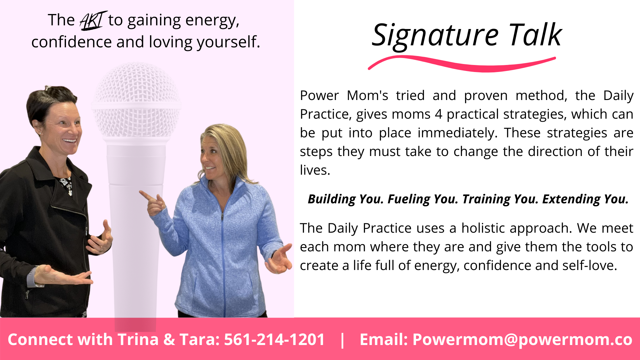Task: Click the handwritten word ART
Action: [93, 20]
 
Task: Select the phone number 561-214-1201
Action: [274, 339]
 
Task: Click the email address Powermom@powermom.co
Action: [522, 340]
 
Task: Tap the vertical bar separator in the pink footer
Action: [342, 340]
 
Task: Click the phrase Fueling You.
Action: [423, 199]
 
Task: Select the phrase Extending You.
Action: [585, 199]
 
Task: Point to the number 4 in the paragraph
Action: [439, 114]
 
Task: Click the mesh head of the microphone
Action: [136, 100]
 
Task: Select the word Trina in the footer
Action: [138, 340]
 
